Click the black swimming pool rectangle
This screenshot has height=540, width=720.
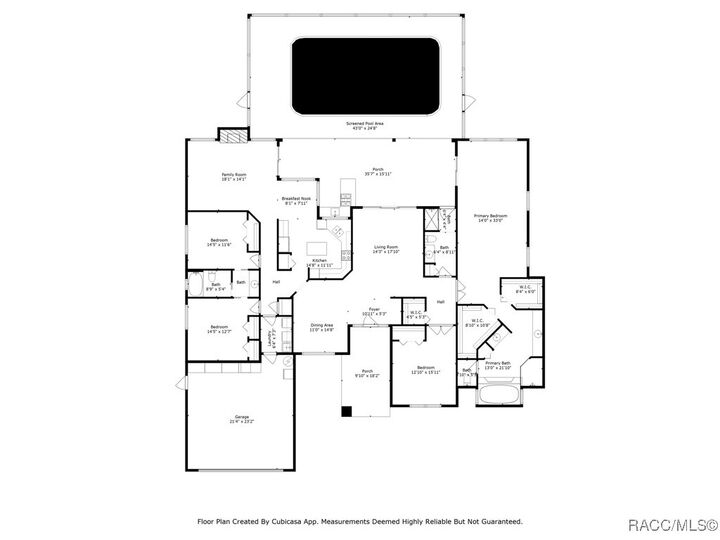pos(364,76)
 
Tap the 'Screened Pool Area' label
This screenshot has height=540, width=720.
pos(365,126)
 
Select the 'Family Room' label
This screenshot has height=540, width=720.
pos(234,177)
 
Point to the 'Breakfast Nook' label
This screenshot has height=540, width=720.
pos(297,200)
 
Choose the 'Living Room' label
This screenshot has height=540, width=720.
pos(387,249)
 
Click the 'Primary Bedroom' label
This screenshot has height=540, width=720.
pos(491,218)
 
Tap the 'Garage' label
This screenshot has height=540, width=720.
pos(242,417)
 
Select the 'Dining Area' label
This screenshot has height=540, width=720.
pos(322,326)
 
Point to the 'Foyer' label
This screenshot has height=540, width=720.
pos(374,311)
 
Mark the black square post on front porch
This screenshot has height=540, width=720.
pos(346,410)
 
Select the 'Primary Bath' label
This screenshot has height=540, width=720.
pos(497,365)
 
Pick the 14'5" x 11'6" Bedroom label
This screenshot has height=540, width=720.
pos(219,242)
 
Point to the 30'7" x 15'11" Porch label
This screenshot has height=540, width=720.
pos(378,171)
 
